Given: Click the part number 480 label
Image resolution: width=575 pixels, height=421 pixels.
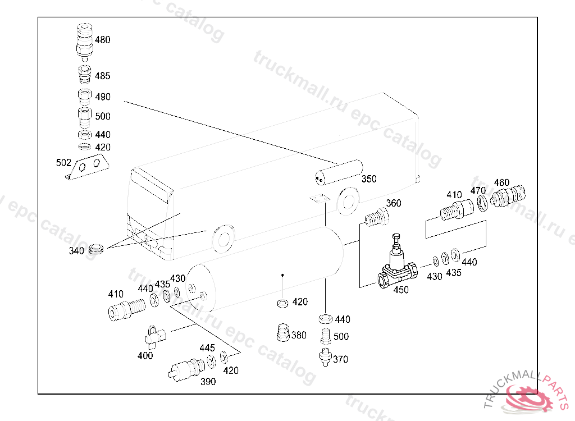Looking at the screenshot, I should pyautogui.click(x=102, y=40).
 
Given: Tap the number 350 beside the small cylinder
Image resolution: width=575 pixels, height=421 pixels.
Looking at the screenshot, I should pyautogui.click(x=368, y=179).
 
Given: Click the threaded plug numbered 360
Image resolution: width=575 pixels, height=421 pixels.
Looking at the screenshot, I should pyautogui.click(x=376, y=217).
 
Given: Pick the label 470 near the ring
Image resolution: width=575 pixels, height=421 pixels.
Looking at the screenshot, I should pyautogui.click(x=478, y=190).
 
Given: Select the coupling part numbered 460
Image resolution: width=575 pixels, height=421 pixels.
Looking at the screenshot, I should pyautogui.click(x=509, y=196).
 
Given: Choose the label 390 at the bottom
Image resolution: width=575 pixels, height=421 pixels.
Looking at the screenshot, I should pyautogui.click(x=208, y=382).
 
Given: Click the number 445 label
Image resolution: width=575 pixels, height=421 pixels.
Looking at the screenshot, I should pyautogui.click(x=207, y=348).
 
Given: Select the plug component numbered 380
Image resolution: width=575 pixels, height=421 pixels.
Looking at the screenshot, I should pyautogui.click(x=283, y=333).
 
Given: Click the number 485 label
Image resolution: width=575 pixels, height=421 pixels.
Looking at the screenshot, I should pyautogui.click(x=102, y=76).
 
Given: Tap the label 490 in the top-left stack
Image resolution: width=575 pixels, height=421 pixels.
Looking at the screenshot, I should pyautogui.click(x=102, y=97).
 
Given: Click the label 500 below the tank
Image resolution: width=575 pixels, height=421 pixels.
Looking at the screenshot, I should pyautogui.click(x=341, y=337).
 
